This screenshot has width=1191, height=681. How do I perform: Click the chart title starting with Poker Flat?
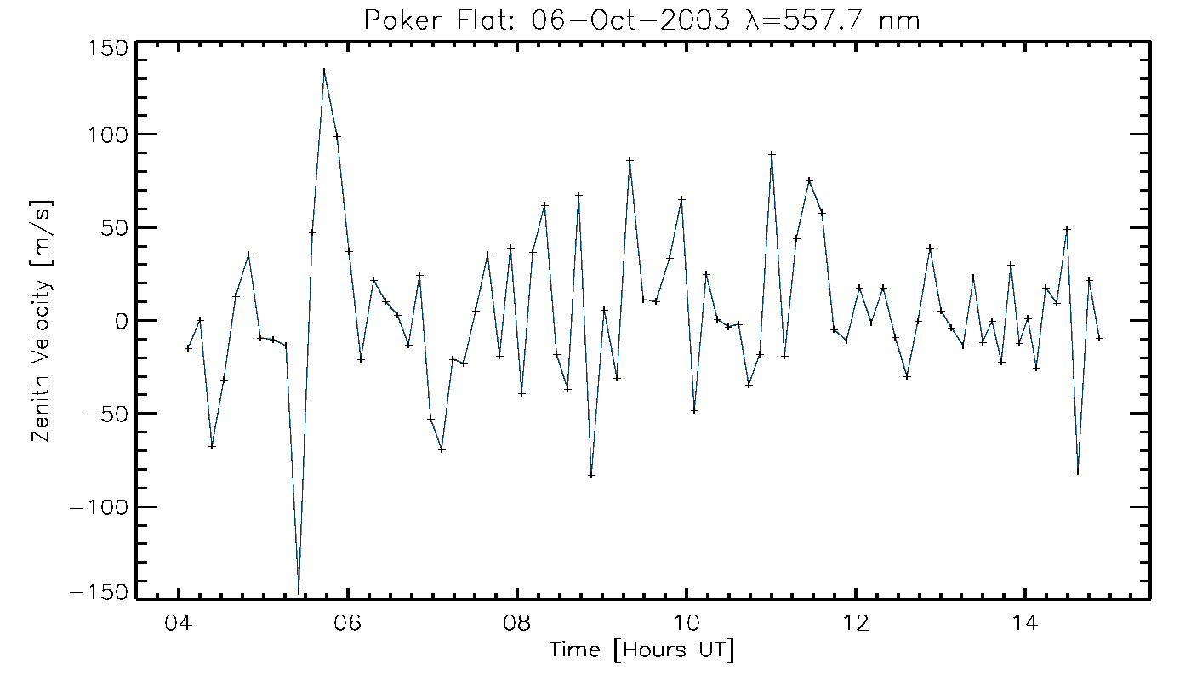pyautogui.click(x=642, y=20)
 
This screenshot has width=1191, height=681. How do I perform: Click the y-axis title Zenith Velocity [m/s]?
pyautogui.click(x=43, y=319)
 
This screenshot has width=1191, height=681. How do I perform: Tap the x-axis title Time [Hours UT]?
pyautogui.click(x=641, y=650)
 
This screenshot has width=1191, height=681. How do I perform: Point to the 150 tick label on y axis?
pyautogui.click(x=107, y=47)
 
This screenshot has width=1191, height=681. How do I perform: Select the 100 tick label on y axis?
pyautogui.click(x=107, y=134)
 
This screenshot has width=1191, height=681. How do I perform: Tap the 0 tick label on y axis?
pyautogui.click(x=121, y=321)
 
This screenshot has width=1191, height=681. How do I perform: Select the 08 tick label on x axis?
pyautogui.click(x=517, y=622)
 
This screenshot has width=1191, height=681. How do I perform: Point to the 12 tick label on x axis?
pyautogui.click(x=856, y=622)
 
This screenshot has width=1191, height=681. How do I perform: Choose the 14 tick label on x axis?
pyautogui.click(x=1025, y=622)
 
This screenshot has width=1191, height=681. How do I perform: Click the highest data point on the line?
pyautogui.click(x=324, y=72)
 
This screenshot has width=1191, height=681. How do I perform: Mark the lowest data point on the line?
pyautogui.click(x=299, y=592)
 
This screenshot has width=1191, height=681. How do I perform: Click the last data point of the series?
pyautogui.click(x=1099, y=338)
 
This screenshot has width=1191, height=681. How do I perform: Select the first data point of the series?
pyautogui.click(x=188, y=348)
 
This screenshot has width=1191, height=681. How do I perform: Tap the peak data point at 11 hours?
pyautogui.click(x=772, y=154)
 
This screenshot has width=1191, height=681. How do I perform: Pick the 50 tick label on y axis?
pyautogui.click(x=114, y=227)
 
